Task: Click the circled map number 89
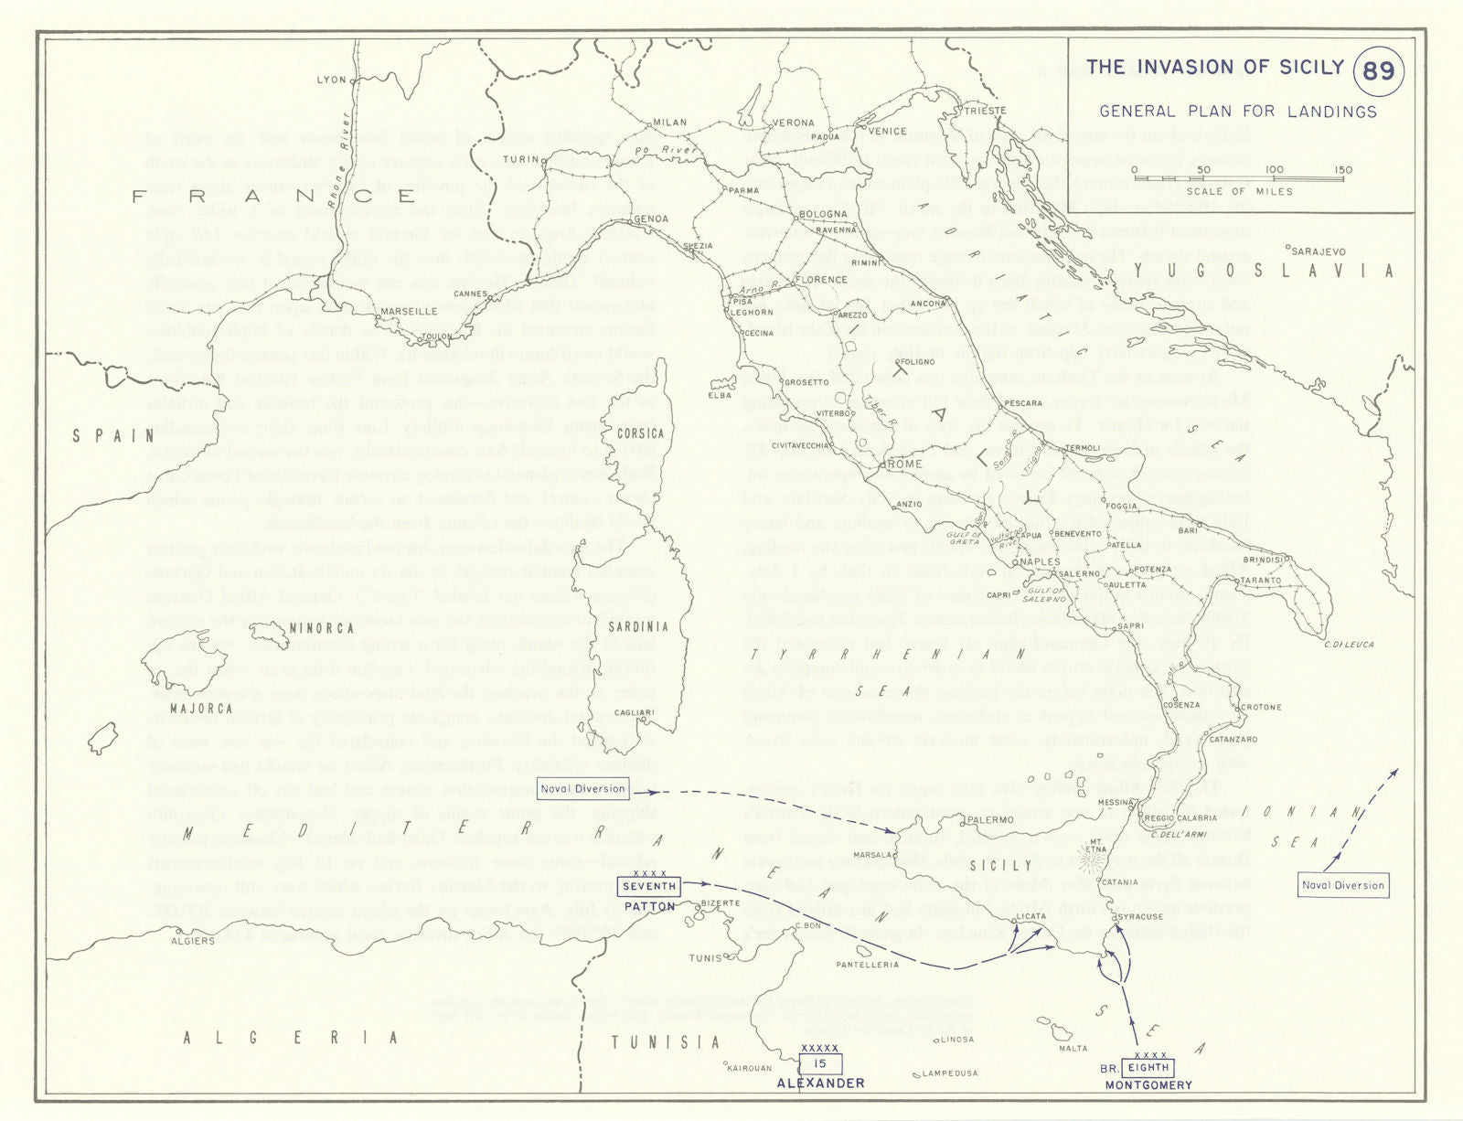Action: (1378, 70)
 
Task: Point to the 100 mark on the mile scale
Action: (1274, 169)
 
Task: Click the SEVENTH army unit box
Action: (648, 886)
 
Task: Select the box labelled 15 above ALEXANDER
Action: (820, 1063)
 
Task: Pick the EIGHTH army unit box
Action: (1148, 1067)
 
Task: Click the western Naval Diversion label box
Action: (582, 788)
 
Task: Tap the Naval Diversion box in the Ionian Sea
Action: (1342, 885)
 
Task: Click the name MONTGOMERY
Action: (1148, 1085)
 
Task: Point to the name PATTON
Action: (649, 906)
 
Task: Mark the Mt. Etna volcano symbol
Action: (1091, 860)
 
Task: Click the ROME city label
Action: (903, 464)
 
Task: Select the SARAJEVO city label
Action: (1318, 251)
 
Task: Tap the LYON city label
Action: (331, 80)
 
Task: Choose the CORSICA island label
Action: (640, 433)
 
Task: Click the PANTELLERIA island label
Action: (867, 965)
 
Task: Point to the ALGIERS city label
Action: (193, 940)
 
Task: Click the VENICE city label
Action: (886, 131)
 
